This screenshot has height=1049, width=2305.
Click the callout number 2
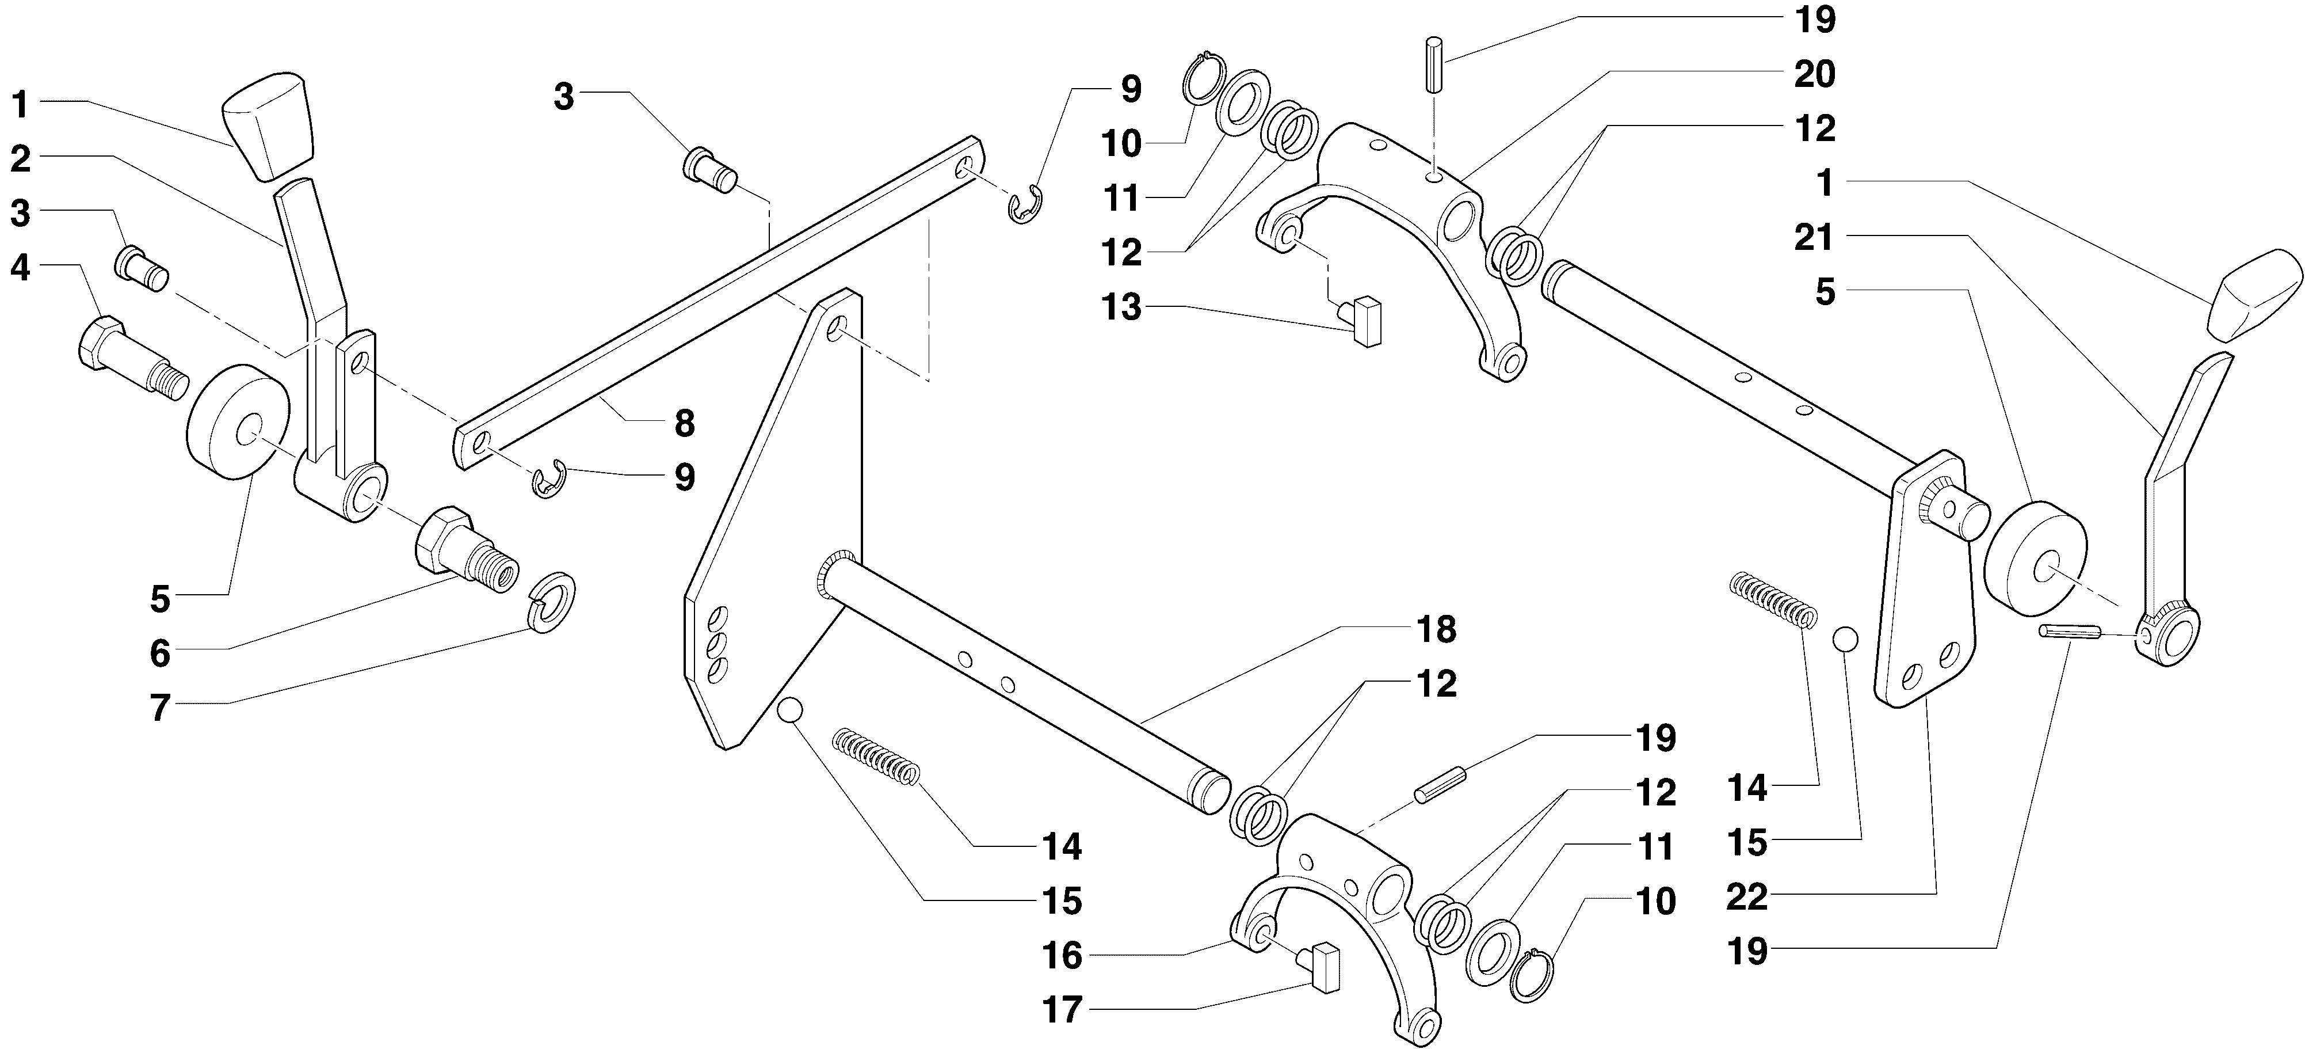[x=21, y=159]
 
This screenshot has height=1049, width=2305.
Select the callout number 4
[x=21, y=268]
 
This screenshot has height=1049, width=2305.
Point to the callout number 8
[x=685, y=423]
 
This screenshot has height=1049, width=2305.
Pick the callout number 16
[x=1062, y=956]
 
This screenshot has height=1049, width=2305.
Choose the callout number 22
[x=1747, y=897]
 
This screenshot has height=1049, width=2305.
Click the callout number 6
[x=159, y=654]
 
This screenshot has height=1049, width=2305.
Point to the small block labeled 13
[x=1364, y=321]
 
